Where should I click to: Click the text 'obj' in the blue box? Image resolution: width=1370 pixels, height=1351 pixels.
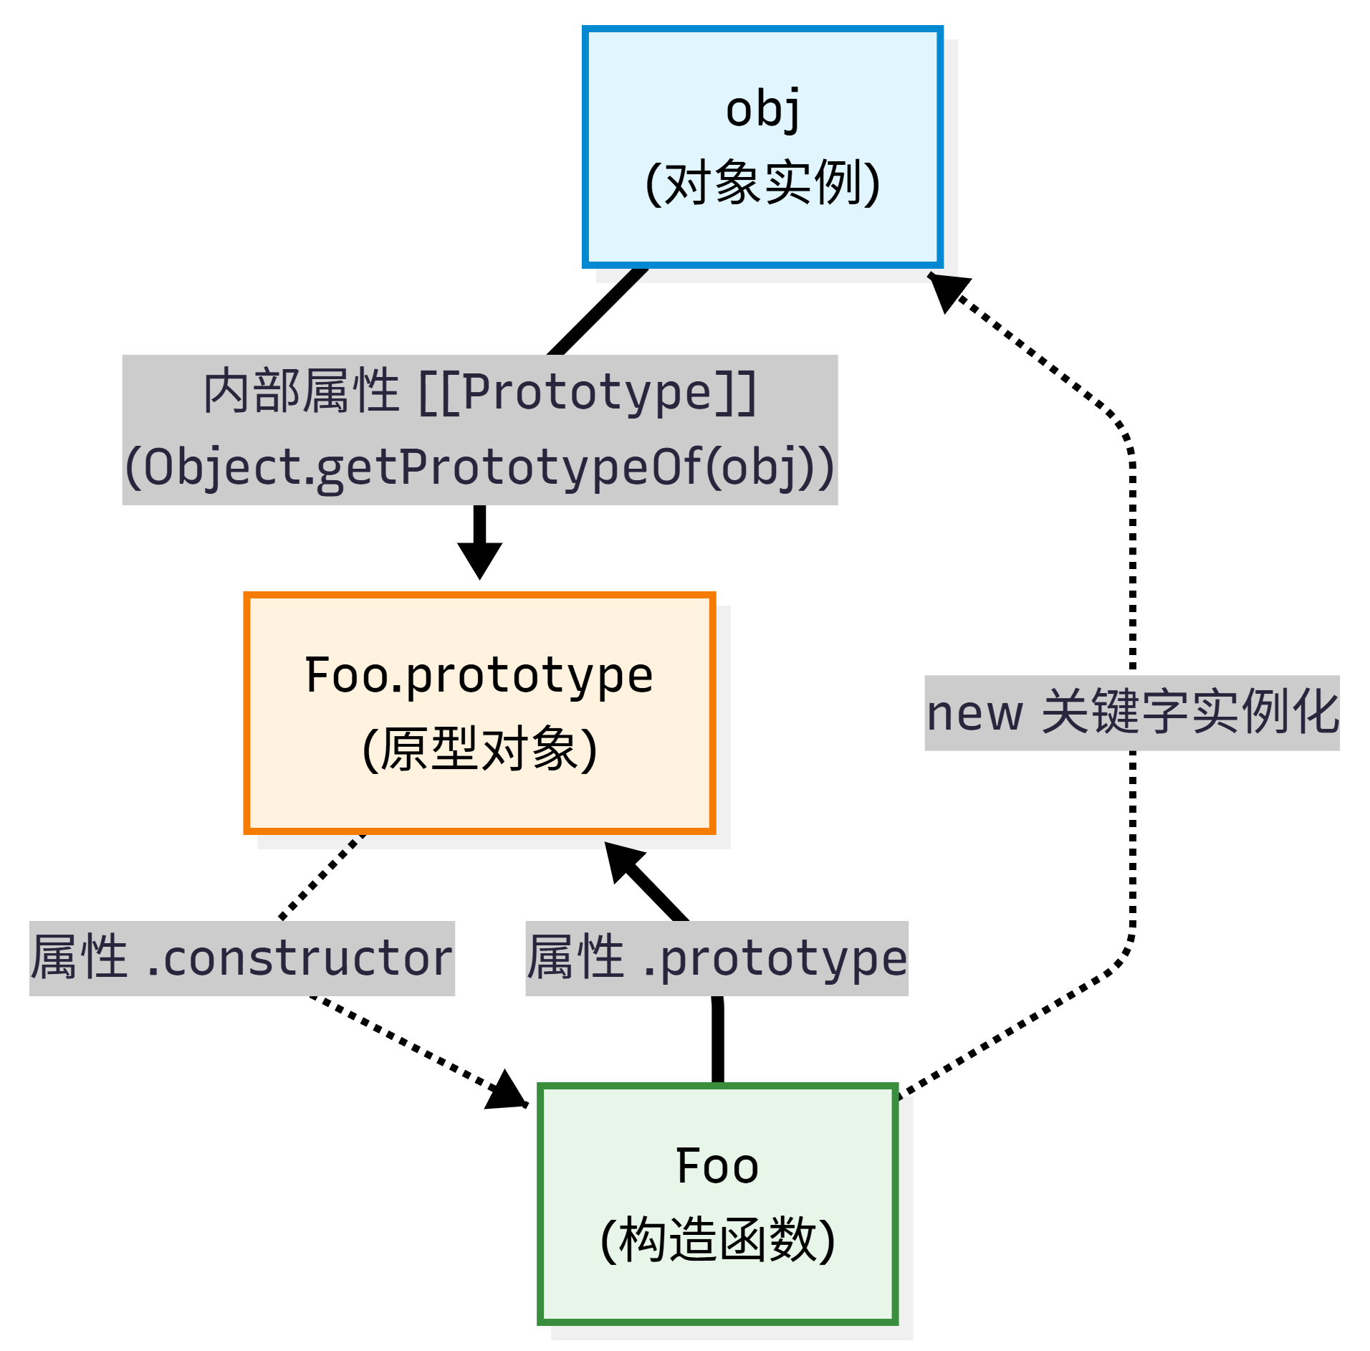762,109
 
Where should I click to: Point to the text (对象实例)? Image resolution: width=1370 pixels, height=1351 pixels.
762,183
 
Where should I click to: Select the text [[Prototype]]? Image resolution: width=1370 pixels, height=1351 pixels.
588,393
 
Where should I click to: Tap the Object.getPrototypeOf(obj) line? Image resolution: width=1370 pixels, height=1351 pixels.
479,467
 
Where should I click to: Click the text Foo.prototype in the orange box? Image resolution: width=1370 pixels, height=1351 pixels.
479,675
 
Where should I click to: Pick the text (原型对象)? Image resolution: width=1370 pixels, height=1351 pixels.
479,750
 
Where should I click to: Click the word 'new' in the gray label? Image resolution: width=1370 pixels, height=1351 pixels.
974,714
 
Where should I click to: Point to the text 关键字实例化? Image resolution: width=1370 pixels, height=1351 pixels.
1189,712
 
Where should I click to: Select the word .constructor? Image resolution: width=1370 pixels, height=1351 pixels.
300,959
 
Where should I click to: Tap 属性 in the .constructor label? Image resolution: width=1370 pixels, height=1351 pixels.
79,958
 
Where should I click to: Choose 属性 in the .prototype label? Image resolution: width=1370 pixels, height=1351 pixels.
575,958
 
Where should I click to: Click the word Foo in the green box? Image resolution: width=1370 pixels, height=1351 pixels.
717,1166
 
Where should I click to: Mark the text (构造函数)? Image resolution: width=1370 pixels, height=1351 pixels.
717,1240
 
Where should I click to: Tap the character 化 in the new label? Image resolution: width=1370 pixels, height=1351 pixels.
1315,712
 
